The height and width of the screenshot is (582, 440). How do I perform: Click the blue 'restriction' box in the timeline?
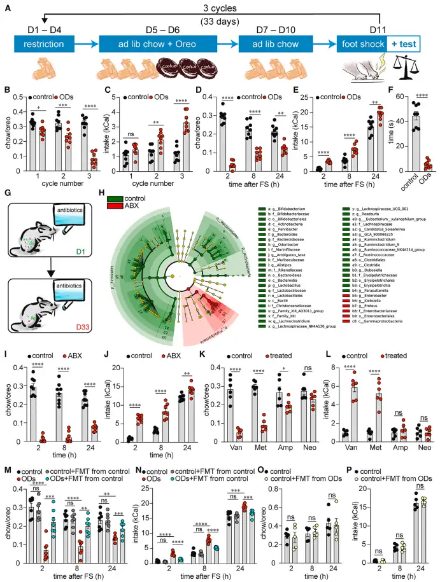(x=46, y=46)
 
